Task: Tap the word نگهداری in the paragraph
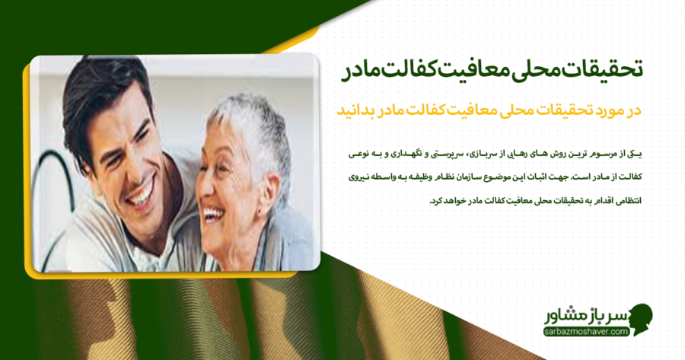pyautogui.click(x=400, y=155)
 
